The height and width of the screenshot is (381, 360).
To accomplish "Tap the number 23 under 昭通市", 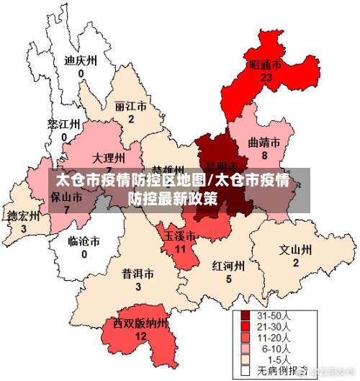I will point(266,77).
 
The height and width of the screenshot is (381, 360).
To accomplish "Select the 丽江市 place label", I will point(130,106).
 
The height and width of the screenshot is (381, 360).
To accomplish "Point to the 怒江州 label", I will point(63,124).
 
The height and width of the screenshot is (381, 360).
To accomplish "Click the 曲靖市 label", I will point(264,143).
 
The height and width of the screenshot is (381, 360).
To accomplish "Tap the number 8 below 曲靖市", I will point(264,156).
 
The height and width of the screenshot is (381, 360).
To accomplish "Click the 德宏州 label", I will point(23,215).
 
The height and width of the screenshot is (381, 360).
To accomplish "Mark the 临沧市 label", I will point(84,241).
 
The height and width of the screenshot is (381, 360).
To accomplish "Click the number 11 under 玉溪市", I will point(181,248).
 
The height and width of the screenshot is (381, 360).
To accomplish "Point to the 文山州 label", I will point(295,250).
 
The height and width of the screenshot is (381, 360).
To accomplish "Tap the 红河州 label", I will point(228,266).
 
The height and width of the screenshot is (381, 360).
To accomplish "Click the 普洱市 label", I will point(138,274).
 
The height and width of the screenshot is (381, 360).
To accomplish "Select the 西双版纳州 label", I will point(140,323).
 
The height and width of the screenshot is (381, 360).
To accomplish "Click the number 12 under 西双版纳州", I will point(141,336).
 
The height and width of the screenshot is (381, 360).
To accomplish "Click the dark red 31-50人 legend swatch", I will point(245,315).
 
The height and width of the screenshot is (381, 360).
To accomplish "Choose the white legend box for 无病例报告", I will point(245,370).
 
